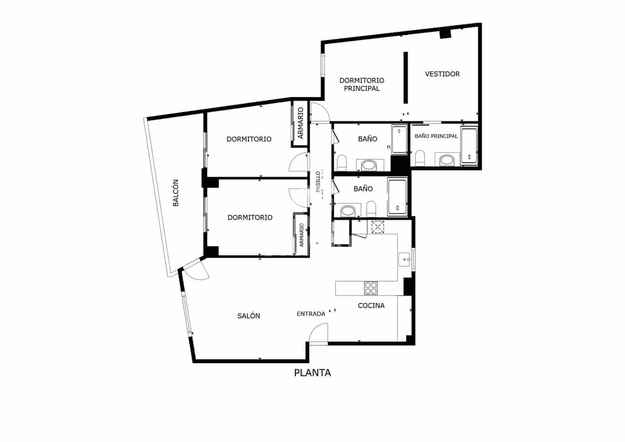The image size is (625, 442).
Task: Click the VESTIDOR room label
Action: pos(442,74)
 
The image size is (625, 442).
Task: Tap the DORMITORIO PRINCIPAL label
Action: pos(361,84)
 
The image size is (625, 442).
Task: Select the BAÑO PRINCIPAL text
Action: pos(436,136)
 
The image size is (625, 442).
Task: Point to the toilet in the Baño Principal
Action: pos(420,158)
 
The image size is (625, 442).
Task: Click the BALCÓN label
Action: pos(176,193)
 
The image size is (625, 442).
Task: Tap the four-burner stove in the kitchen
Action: pos(371,288)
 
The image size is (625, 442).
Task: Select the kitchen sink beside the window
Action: pos(405,259)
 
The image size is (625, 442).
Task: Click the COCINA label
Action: pos(371,306)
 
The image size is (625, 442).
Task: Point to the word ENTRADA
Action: pos(311,314)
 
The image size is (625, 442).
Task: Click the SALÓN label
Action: pos(248,316)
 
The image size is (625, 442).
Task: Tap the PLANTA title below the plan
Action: pos(312,373)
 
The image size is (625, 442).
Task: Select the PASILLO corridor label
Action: pos(318,181)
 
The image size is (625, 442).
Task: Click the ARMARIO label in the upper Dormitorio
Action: pos(300,123)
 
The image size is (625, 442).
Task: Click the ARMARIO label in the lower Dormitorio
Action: pos(301,235)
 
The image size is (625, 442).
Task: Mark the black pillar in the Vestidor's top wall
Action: pos(445,34)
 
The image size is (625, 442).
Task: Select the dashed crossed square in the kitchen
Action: pos(378,227)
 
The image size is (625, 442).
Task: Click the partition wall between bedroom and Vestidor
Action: pos(405,77)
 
